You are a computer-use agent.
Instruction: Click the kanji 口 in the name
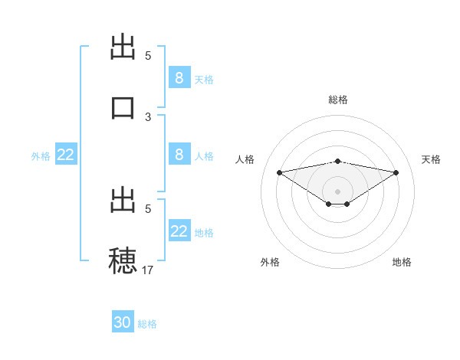(x=123, y=106)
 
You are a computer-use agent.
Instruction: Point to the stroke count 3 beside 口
(x=148, y=116)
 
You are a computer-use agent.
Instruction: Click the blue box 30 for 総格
(x=123, y=322)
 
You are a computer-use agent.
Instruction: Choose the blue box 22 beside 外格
(x=66, y=155)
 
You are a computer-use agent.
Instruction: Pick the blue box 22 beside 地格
(x=179, y=231)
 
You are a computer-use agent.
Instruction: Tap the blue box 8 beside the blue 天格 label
(x=179, y=77)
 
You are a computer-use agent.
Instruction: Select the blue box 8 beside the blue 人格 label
(x=179, y=155)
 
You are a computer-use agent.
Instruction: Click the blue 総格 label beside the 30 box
(x=147, y=324)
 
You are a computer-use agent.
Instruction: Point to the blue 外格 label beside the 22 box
(x=41, y=156)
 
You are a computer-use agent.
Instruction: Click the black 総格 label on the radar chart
(x=338, y=100)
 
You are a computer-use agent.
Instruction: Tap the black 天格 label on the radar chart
(x=432, y=159)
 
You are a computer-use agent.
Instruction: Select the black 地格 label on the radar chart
(x=402, y=262)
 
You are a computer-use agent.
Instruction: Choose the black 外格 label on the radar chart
(x=270, y=262)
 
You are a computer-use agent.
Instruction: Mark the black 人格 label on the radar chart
(x=245, y=159)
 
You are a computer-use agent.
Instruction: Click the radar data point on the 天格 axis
(x=396, y=172)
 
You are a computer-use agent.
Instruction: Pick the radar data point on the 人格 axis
(x=279, y=172)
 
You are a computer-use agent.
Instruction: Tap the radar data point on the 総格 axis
(x=338, y=161)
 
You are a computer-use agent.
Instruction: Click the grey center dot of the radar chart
(x=338, y=191)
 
